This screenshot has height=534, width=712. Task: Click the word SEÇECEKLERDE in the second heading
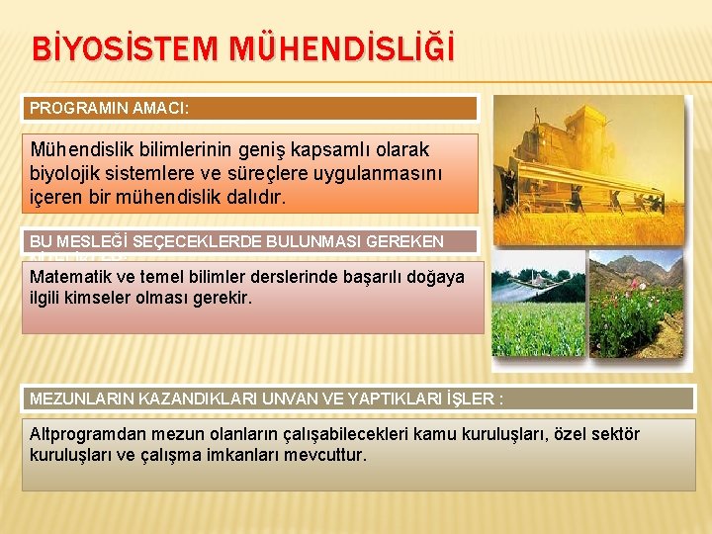click(190, 241)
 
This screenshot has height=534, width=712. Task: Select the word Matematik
click(66, 277)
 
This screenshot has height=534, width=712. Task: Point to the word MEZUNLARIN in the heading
click(79, 399)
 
